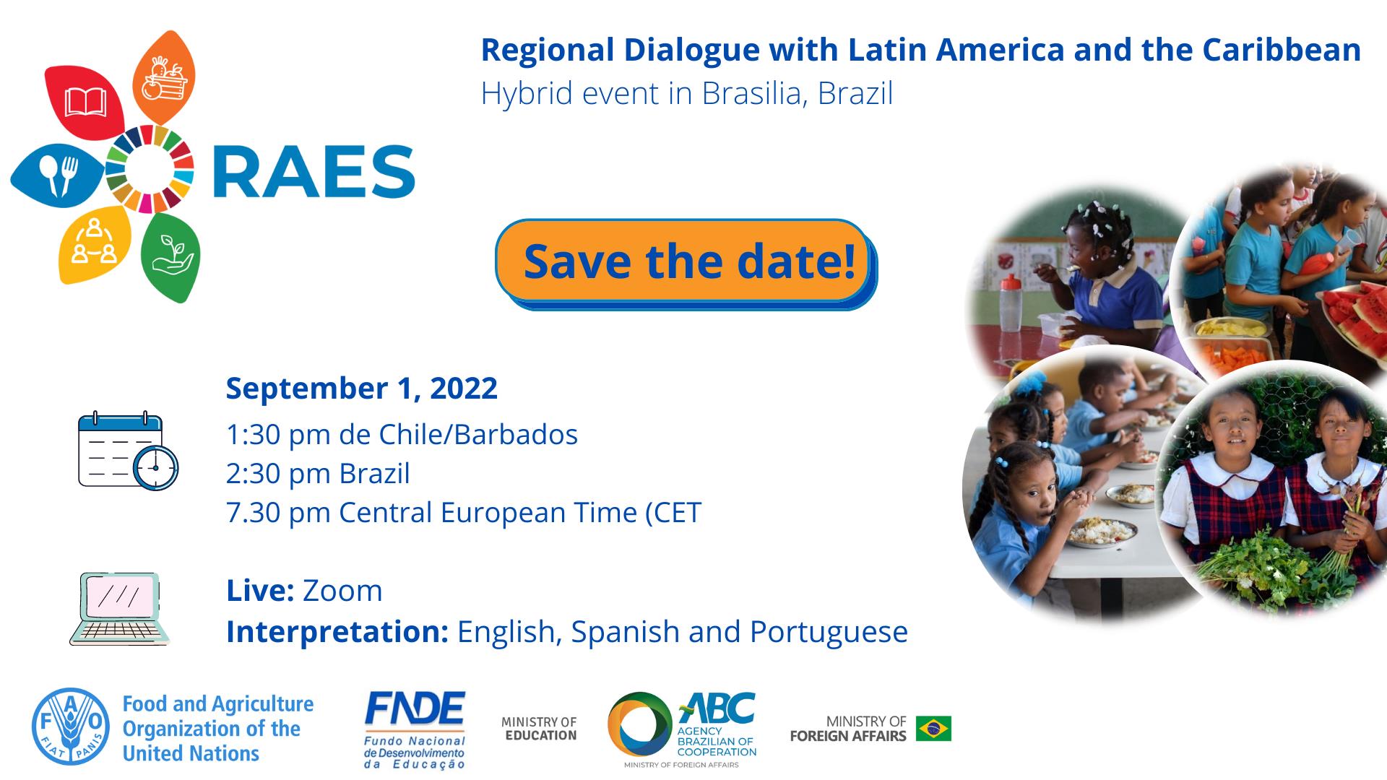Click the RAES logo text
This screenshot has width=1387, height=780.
[314, 172]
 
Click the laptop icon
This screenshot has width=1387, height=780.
[120, 609]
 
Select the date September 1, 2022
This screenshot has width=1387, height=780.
[362, 388]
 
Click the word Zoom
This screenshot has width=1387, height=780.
[342, 591]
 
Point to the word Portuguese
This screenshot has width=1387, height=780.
[829, 632]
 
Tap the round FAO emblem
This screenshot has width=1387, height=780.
[71, 727]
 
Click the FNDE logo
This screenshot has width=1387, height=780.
[415, 729]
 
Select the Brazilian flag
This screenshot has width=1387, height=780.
[933, 729]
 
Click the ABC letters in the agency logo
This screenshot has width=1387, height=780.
[717, 711]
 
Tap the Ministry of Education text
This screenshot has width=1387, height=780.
[539, 729]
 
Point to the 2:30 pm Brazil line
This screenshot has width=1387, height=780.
[318, 474]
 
